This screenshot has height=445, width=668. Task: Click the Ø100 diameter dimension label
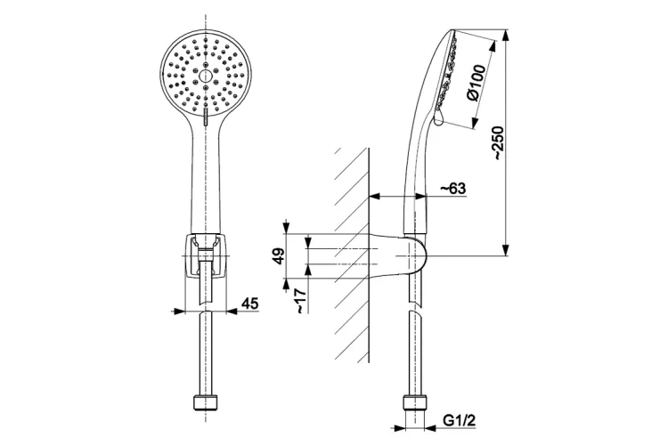[476, 83]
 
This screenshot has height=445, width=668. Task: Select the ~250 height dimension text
[498, 142]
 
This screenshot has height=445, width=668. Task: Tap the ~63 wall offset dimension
[452, 188]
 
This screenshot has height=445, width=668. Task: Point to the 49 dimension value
[278, 256]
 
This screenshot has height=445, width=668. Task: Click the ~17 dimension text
[300, 301]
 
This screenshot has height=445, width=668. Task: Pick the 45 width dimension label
[250, 303]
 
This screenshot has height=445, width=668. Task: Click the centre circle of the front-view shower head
[206, 77]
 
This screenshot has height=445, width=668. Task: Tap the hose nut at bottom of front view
[206, 402]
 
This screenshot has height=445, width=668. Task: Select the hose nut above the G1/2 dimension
[414, 402]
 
